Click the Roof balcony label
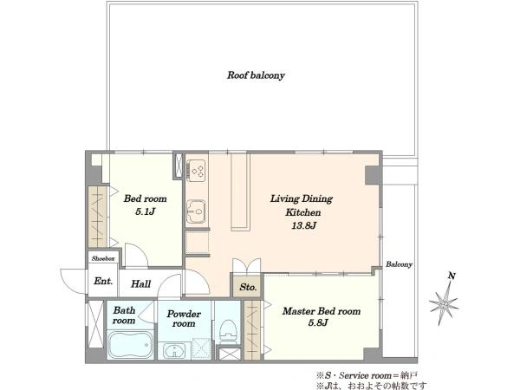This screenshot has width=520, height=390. click(x=256, y=75)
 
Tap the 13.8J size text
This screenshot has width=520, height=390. click(x=303, y=226)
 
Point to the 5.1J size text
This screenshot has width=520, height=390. click(x=146, y=211)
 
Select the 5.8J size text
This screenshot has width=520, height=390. click(x=318, y=322)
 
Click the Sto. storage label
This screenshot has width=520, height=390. click(x=248, y=287)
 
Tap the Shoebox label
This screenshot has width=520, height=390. click(x=103, y=258)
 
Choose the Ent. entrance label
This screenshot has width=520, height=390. click(x=103, y=281)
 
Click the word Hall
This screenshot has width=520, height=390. click(x=140, y=284)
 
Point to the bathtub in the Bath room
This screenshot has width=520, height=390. click(x=130, y=345)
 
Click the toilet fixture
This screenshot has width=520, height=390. click(x=228, y=330)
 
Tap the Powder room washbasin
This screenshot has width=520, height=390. click(x=175, y=350)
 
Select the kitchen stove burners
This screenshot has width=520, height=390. click(x=197, y=171)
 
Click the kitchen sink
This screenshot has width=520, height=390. click(x=196, y=211)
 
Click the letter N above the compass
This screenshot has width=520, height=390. click(x=452, y=276)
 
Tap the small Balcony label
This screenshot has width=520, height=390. click(x=399, y=264)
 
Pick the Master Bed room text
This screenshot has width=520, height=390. click(x=322, y=311)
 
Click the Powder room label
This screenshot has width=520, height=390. click(x=184, y=319)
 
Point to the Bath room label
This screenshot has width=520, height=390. click(x=124, y=315)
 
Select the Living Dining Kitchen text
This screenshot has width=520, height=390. click(x=302, y=205)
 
